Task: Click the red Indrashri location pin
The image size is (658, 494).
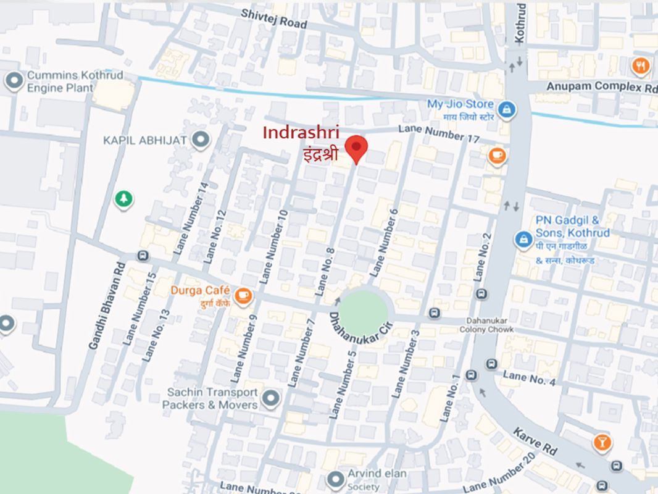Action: (x=356, y=148)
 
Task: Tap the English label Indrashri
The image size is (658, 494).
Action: (x=301, y=132)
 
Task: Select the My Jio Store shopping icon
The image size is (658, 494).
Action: (x=507, y=110)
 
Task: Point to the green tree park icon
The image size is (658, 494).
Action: (x=124, y=198)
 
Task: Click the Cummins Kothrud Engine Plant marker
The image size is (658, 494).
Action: (x=12, y=80)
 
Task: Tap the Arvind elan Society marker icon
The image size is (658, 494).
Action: (x=335, y=479)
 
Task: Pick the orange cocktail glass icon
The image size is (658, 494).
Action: (x=601, y=442)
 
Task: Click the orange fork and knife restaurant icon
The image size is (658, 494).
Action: (x=641, y=65)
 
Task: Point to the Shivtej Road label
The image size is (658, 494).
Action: (x=273, y=18)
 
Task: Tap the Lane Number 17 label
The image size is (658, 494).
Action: (x=438, y=133)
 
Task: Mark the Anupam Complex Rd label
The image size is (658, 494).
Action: (x=601, y=86)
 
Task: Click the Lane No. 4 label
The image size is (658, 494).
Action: (x=529, y=378)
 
